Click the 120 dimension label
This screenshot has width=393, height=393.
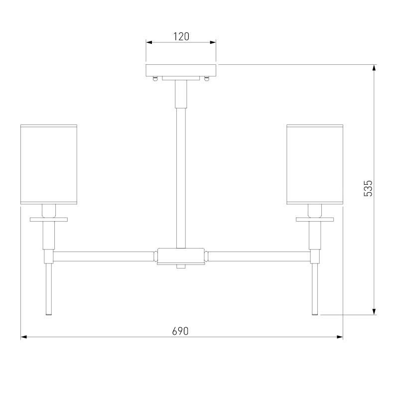[x=181, y=36]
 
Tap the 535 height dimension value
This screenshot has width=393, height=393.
[x=368, y=188]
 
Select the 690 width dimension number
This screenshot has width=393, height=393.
[x=180, y=331]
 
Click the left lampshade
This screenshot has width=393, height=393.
[x=49, y=164]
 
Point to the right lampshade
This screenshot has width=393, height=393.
[x=315, y=164]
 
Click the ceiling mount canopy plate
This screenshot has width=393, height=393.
[x=181, y=70]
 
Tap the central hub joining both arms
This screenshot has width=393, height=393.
[x=181, y=256]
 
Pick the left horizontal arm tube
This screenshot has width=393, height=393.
[x=103, y=257]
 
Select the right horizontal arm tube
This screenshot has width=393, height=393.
[x=259, y=257]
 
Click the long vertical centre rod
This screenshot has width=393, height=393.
[x=181, y=178]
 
